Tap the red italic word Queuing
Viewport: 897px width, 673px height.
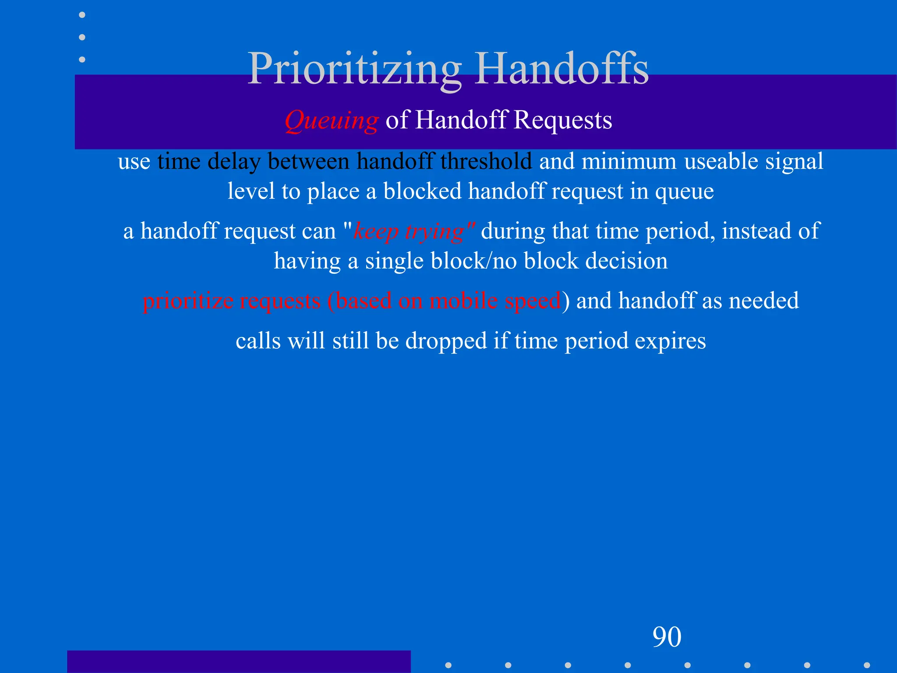coord(331,120)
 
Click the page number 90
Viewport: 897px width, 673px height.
coord(667,637)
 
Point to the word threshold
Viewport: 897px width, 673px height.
coord(486,161)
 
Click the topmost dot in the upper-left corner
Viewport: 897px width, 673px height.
coord(82,15)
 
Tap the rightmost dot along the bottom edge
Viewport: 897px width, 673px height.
coord(867,665)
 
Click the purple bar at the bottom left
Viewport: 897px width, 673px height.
coord(239,662)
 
